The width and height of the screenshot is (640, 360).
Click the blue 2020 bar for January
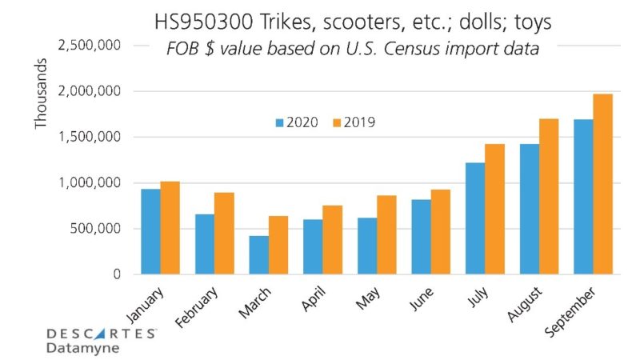(x=150, y=232)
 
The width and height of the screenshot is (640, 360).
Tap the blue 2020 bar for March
(x=258, y=254)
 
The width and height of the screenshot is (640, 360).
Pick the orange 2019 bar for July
(x=494, y=209)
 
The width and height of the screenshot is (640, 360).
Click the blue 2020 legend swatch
(x=280, y=123)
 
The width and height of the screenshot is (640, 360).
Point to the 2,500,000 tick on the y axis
(x=89, y=46)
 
